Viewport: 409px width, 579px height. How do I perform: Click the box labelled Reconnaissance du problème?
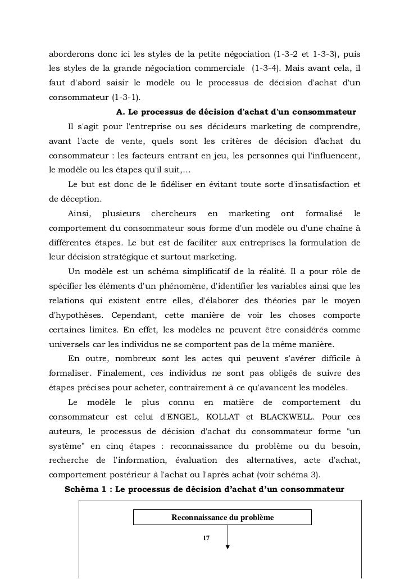pyautogui.click(x=222, y=517)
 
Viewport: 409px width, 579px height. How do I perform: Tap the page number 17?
pyautogui.click(x=206, y=538)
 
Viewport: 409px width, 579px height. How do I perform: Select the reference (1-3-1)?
pyautogui.click(x=127, y=95)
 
